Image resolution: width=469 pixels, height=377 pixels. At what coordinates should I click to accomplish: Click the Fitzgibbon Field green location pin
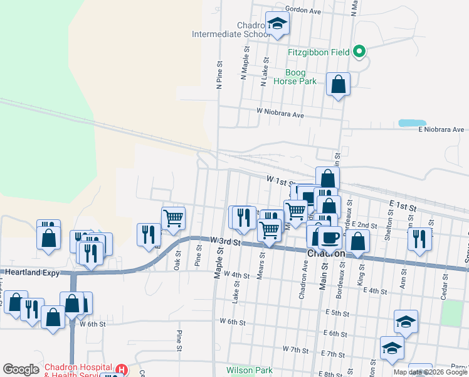[359, 52]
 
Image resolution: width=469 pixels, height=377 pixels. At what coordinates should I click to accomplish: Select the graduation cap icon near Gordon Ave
[277, 25]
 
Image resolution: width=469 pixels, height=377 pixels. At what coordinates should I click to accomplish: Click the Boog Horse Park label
[300, 77]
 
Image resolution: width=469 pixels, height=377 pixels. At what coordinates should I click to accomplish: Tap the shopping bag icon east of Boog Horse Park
[338, 84]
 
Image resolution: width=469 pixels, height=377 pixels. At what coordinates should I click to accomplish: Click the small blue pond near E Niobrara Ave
[411, 123]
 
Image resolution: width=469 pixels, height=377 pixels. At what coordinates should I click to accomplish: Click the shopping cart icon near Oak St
[173, 218]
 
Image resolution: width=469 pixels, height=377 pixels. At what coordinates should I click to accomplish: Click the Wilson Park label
[250, 370]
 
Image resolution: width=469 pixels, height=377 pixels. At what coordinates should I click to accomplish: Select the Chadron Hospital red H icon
[122, 370]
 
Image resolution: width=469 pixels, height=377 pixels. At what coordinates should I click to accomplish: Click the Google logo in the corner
[21, 369]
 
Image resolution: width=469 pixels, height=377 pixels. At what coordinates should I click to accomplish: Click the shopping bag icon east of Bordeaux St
[357, 241]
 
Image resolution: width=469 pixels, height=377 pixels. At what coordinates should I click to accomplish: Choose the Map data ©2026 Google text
[430, 372]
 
